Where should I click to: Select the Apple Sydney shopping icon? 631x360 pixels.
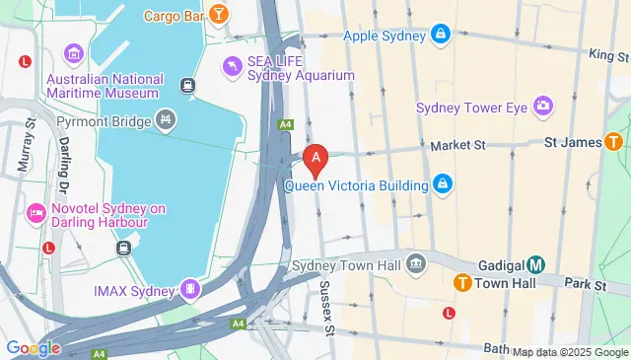tap(441, 36)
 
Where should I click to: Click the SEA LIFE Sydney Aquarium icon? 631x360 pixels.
tap(232, 67)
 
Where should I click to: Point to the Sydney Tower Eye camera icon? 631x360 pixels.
tap(542, 106)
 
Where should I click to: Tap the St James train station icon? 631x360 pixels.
tap(613, 143)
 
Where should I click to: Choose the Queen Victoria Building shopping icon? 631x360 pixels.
tap(444, 184)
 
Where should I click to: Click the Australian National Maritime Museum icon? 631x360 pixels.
tap(73, 53)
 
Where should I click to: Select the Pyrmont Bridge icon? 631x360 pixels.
tap(167, 122)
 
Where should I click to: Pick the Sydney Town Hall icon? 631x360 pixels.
tap(416, 265)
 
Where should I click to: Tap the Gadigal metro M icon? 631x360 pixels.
tap(535, 264)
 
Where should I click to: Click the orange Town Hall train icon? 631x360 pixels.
tap(461, 283)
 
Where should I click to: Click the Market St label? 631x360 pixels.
tap(459, 145)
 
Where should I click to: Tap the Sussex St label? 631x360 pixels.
tap(327, 307)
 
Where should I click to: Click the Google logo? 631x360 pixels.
tap(33, 347)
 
